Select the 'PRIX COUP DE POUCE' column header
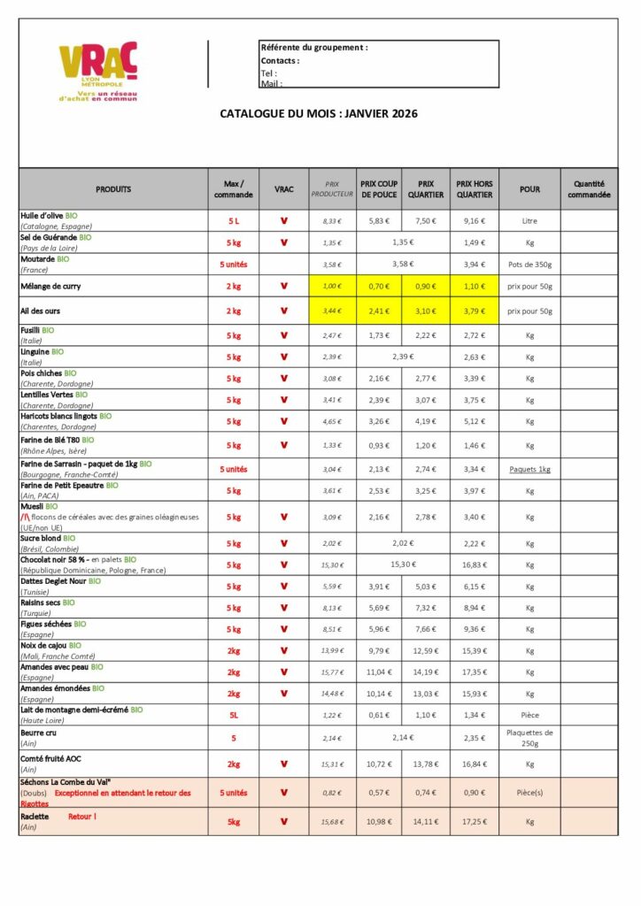pos(379,188)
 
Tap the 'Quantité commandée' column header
pos(589,188)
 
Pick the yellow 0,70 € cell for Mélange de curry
pos(379,286)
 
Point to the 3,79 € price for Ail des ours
pos(475,311)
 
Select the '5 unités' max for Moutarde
pos(234,264)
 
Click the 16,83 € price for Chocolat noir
pos(475,564)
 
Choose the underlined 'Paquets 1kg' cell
pos(529,469)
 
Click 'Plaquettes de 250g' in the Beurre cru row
pos(529,737)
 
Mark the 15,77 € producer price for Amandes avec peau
pos(331,672)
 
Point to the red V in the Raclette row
pos(283,821)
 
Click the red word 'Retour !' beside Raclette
pos(82,816)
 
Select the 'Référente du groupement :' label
pos(314,47)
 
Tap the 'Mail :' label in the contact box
pos(271,83)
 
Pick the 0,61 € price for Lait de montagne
pos(379,715)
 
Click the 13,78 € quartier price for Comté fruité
pos(427,764)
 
